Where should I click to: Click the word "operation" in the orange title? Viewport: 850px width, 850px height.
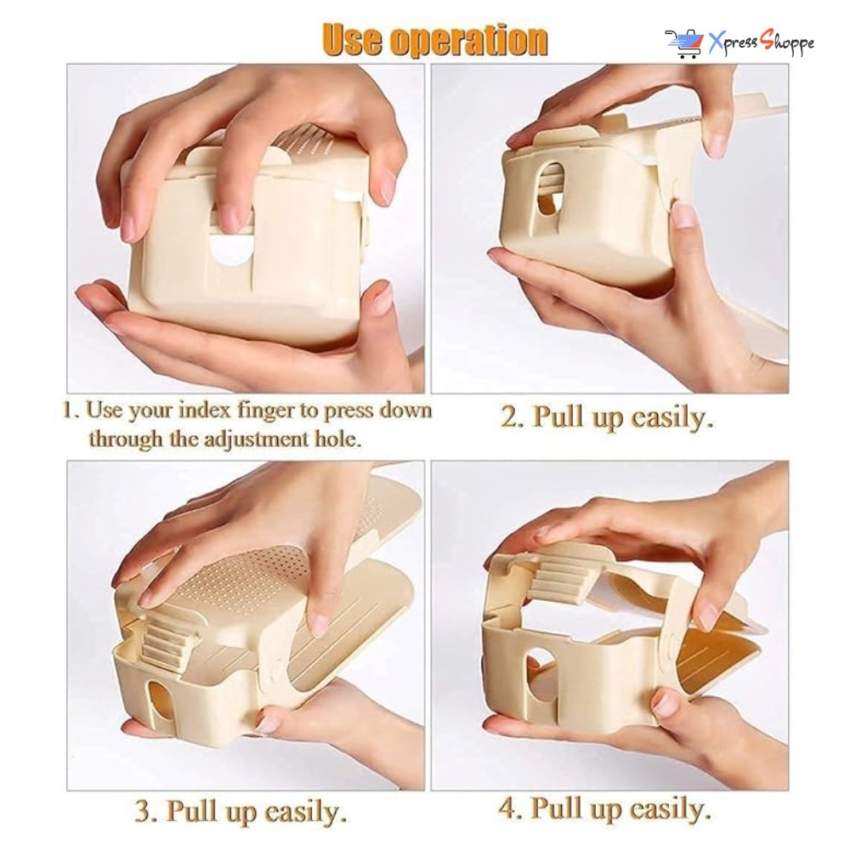(x=469, y=41)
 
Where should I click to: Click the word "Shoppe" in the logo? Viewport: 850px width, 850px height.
(x=787, y=43)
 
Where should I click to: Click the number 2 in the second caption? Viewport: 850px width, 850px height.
(x=508, y=417)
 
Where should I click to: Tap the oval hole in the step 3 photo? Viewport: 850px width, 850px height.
(x=158, y=705)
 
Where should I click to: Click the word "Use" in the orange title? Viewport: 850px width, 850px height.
(x=353, y=41)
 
